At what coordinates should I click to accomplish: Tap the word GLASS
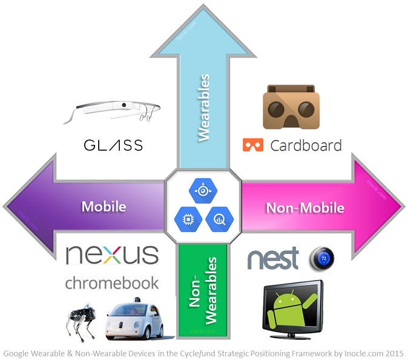113,145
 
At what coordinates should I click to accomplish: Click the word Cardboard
306,145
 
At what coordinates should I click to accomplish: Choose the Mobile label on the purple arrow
104,206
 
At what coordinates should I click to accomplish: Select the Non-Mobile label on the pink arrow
305,208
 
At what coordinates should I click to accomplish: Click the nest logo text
274,259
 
